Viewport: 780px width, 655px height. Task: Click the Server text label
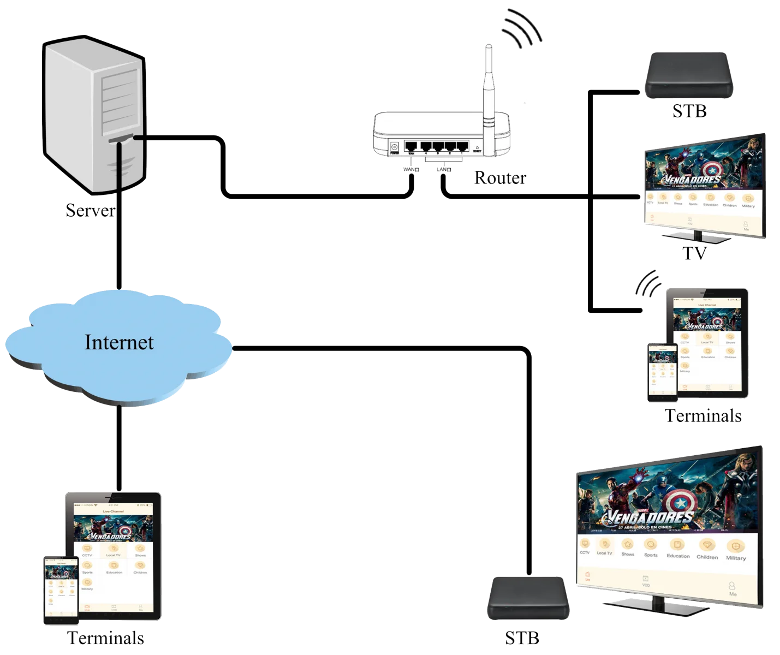click(90, 210)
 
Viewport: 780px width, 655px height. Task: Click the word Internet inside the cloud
click(119, 342)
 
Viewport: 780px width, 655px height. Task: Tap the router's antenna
click(487, 82)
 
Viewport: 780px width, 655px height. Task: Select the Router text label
click(501, 178)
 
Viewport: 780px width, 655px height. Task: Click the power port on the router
click(394, 147)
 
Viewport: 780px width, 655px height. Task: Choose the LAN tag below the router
click(444, 170)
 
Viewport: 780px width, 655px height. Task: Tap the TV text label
click(694, 253)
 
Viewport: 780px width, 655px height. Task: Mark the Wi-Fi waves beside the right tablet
click(647, 284)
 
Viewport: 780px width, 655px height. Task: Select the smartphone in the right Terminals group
click(662, 372)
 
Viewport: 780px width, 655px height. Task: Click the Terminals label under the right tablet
click(703, 416)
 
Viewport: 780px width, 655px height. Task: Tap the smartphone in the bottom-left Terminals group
click(61, 589)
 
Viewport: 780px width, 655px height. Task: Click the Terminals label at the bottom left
click(105, 638)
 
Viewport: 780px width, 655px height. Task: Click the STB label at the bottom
click(522, 638)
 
